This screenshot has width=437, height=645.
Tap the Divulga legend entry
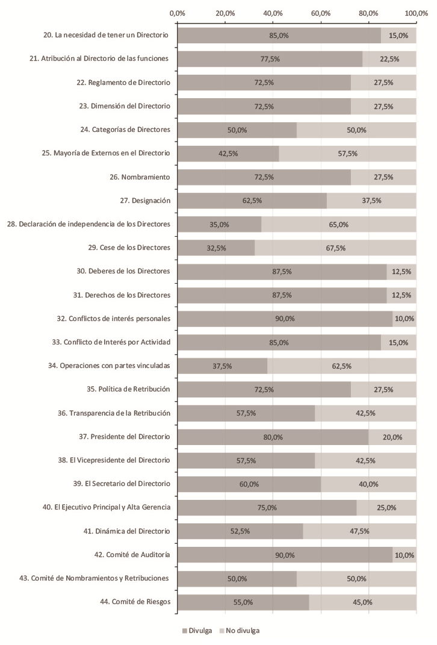pos(196,631)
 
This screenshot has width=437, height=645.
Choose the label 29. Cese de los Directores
pos(129,248)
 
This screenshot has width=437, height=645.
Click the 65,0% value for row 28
pos(339,224)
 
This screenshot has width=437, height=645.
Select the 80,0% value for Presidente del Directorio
pos(273,437)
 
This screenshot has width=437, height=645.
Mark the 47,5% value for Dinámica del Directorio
pos(359,531)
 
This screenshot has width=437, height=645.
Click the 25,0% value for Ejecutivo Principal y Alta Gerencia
pos(386,508)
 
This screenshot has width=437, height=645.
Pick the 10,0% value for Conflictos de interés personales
pos(404,319)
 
